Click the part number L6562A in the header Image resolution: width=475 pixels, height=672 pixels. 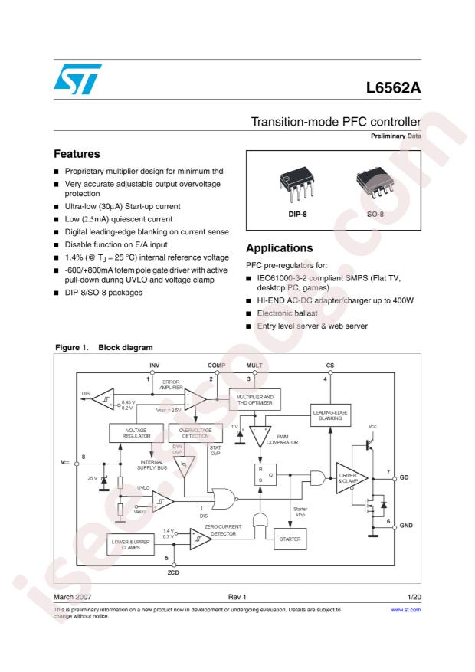pos(394,87)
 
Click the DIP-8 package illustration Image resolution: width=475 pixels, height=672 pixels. pos(293,183)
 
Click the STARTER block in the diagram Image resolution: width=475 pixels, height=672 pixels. pos(290,539)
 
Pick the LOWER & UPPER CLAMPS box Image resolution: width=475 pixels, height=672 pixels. pos(129,545)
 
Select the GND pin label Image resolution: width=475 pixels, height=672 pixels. pos(406,525)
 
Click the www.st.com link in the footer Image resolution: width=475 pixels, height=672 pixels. pos(406,609)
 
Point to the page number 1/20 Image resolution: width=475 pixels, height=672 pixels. pos(412,595)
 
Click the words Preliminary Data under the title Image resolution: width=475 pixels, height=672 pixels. pos(396,136)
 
